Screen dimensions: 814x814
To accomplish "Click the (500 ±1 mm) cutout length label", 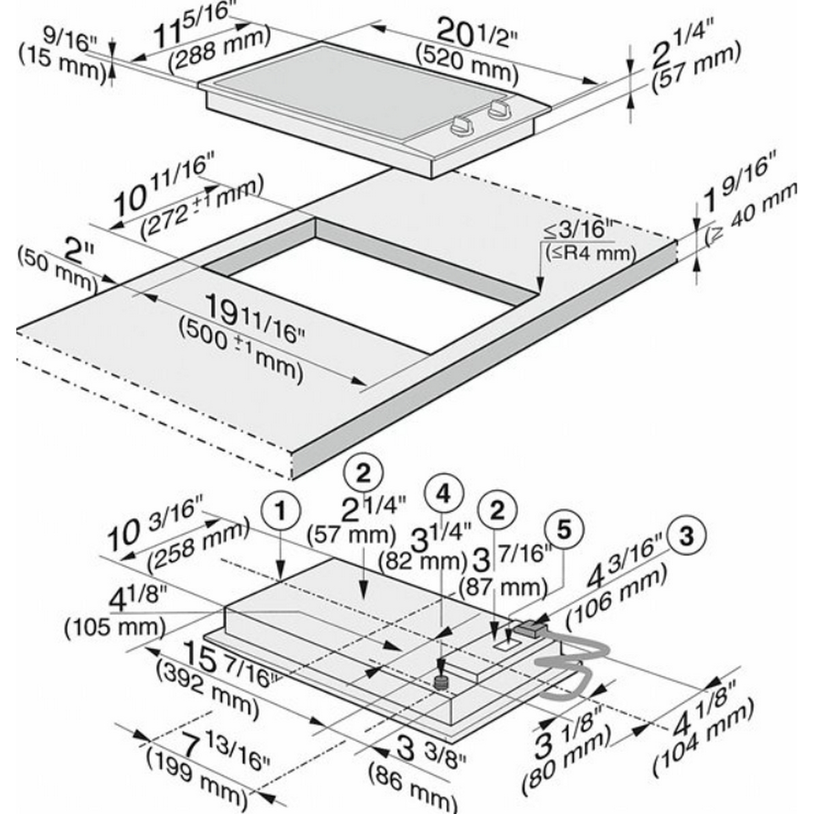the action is tap(240, 354).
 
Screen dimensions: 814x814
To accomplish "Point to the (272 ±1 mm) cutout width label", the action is tap(201, 207).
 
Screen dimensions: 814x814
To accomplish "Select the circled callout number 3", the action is tap(686, 537).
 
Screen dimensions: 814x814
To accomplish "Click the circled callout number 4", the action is tap(444, 493).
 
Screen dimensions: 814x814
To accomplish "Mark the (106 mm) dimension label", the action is tap(616, 595).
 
